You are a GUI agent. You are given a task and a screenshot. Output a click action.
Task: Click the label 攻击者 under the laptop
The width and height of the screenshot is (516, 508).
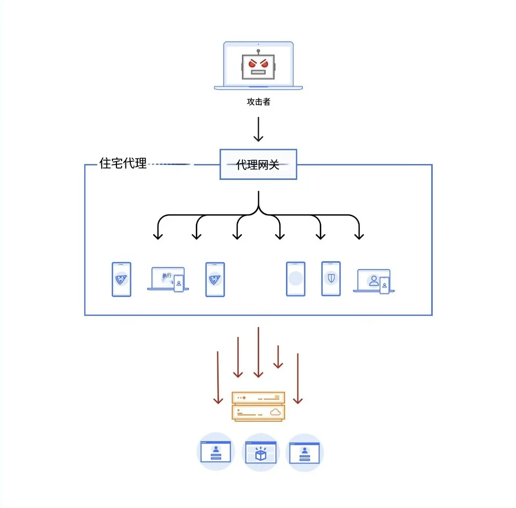pyautogui.click(x=258, y=102)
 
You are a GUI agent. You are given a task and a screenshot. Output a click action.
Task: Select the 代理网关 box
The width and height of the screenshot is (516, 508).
pyautogui.click(x=258, y=165)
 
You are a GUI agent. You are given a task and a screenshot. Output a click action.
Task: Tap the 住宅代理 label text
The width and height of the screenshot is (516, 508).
pyautogui.click(x=123, y=164)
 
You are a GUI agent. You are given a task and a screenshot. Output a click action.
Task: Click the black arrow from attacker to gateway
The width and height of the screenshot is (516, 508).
pyautogui.click(x=258, y=130)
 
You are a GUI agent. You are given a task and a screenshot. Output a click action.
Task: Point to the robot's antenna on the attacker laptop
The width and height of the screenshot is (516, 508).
pyautogui.click(x=258, y=52)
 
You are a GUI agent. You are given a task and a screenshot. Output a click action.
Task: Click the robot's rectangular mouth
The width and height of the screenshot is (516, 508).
pyautogui.click(x=258, y=72)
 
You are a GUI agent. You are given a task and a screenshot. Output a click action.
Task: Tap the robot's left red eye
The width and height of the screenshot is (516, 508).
pyautogui.click(x=252, y=64)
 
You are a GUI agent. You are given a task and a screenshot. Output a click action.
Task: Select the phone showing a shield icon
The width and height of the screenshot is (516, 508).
pyautogui.click(x=331, y=279)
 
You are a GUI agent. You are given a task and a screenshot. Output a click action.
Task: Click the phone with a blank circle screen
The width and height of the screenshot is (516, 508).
pyautogui.click(x=295, y=279)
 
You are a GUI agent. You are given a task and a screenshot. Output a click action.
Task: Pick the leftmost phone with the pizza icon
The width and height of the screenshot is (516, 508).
pyautogui.click(x=121, y=279)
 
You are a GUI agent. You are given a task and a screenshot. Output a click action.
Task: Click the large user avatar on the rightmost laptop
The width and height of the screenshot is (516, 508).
pyautogui.click(x=374, y=281)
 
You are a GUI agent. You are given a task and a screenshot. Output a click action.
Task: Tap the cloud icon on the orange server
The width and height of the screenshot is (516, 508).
pyautogui.click(x=275, y=412)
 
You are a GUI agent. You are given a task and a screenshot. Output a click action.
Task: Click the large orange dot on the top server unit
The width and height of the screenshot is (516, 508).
pyautogui.click(x=244, y=397)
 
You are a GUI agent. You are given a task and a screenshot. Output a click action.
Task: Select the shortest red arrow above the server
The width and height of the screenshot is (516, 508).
pyautogui.click(x=278, y=357)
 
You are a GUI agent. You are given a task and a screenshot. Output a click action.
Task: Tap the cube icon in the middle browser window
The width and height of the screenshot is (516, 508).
pyautogui.click(x=261, y=453)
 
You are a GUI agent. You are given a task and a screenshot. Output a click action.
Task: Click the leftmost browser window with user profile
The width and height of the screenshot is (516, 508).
pyautogui.click(x=216, y=452)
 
